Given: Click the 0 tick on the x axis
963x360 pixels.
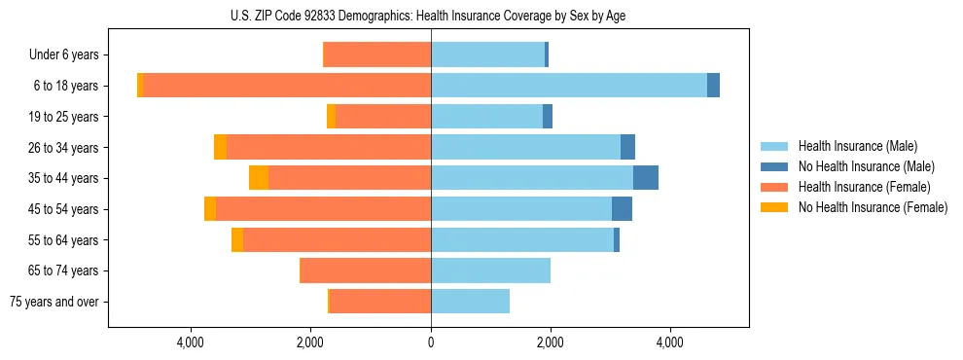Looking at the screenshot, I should (x=431, y=342).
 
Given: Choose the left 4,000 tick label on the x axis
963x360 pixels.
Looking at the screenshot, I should (x=191, y=342).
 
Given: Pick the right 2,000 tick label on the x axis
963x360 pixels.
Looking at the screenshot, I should (x=551, y=342).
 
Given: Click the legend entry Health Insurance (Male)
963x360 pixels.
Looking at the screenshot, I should (x=857, y=146).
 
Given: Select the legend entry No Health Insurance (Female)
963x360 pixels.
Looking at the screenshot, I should (x=873, y=207).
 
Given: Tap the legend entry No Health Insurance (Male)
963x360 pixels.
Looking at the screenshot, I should (x=866, y=166).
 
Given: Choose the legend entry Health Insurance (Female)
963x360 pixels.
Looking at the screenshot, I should (x=865, y=187).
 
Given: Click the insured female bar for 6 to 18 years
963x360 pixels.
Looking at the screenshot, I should (x=287, y=86).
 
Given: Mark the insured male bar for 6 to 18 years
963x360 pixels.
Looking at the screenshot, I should (x=569, y=86).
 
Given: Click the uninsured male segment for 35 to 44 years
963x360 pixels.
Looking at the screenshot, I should (x=646, y=178).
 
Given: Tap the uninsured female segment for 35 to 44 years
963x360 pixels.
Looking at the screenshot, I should (x=259, y=178).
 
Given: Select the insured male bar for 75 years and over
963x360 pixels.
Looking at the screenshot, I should (x=470, y=302).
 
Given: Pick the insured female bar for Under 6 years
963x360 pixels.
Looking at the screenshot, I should (x=376, y=54).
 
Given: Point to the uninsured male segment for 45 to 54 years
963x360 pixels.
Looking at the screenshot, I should (x=623, y=209).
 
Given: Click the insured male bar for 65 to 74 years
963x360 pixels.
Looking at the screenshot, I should (x=490, y=270).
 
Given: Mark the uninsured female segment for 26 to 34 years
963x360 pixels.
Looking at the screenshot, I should (x=220, y=147).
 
